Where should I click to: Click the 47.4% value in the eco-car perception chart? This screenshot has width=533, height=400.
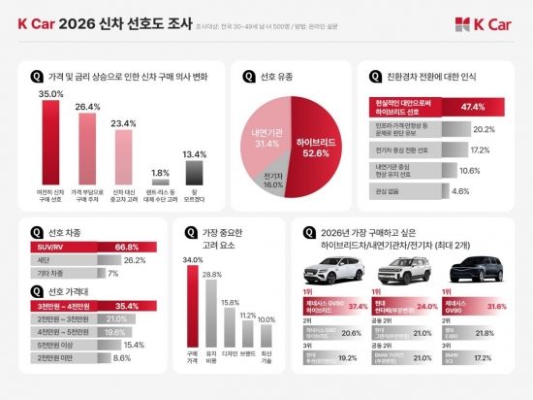pos(474,107)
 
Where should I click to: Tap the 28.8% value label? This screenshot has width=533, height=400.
pos(211,276)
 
